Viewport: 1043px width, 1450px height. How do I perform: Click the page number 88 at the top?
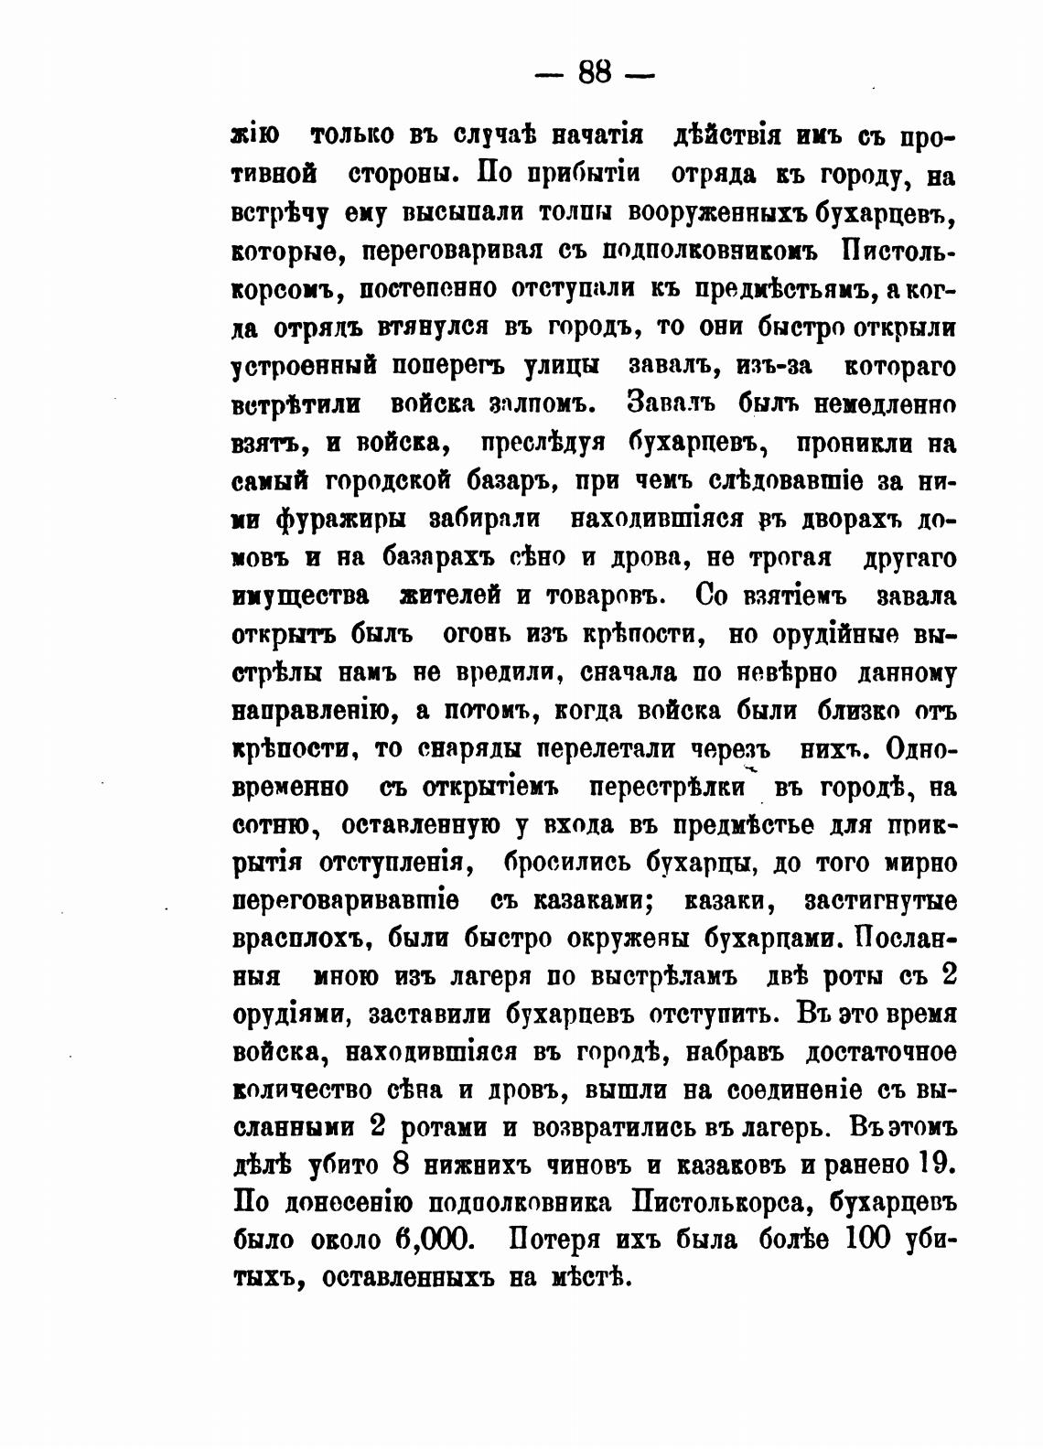pyautogui.click(x=595, y=72)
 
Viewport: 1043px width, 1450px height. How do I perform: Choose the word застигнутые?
pyautogui.click(x=880, y=901)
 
